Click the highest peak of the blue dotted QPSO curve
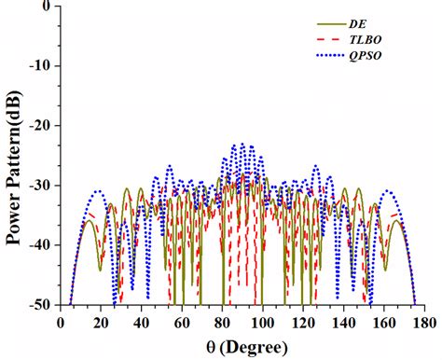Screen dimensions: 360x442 [242, 145]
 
